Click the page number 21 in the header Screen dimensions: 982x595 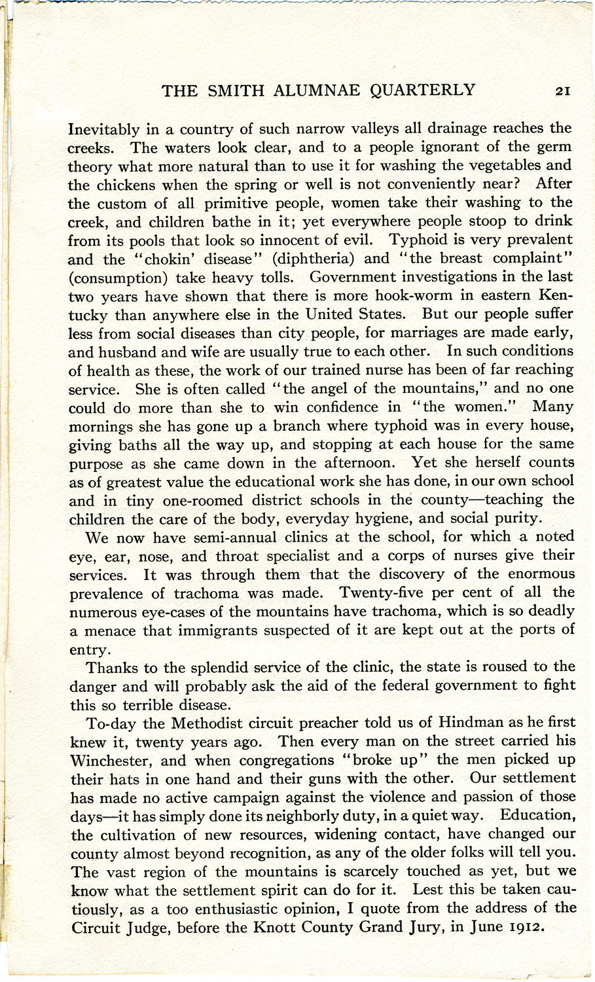(562, 91)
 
